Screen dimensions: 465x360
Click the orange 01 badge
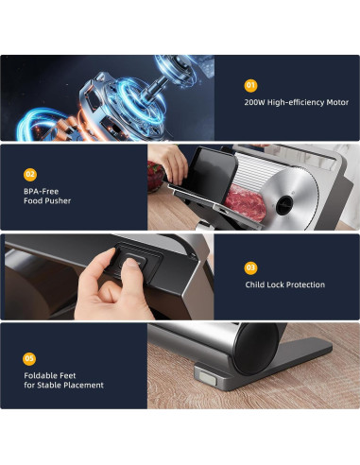pyautogui.click(x=250, y=83)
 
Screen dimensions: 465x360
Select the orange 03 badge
pyautogui.click(x=250, y=267)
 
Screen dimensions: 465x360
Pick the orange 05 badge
pyautogui.click(x=30, y=357)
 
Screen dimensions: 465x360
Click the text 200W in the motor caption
pyautogui.click(x=256, y=102)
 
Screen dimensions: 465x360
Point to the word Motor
pyautogui.click(x=335, y=102)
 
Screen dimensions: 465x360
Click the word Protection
pyautogui.click(x=307, y=284)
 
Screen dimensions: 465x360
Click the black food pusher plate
pyautogui.click(x=208, y=180)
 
